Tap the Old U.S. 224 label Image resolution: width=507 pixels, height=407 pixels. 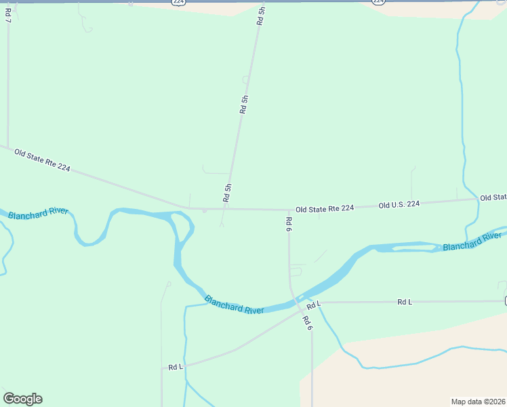click(x=399, y=204)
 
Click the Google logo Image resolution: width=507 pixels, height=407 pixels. click(x=22, y=399)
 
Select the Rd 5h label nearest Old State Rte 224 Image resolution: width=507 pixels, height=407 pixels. click(x=228, y=193)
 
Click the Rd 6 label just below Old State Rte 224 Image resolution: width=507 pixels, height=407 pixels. click(x=289, y=225)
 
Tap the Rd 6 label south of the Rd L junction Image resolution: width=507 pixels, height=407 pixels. click(x=307, y=323)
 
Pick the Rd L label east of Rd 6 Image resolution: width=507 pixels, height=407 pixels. click(x=405, y=302)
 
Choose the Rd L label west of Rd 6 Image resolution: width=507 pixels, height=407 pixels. click(x=176, y=367)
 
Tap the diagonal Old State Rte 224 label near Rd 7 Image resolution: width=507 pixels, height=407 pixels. click(x=42, y=161)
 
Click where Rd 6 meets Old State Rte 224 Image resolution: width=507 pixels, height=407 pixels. click(x=289, y=210)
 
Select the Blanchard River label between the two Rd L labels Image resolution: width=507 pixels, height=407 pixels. click(x=234, y=305)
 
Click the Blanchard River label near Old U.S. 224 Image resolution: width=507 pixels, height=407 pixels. click(x=472, y=241)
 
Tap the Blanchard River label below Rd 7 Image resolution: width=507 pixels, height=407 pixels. click(x=39, y=213)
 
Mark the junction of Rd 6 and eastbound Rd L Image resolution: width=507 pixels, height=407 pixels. click(x=314, y=303)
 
